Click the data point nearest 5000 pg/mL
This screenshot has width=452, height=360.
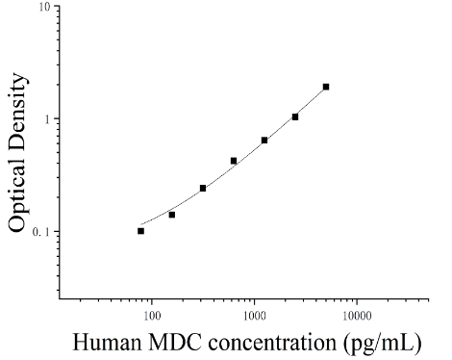tap(326, 87)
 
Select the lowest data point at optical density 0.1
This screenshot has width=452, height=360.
tap(140, 231)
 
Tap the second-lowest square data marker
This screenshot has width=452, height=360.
tap(172, 215)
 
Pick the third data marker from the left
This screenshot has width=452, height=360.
tap(203, 188)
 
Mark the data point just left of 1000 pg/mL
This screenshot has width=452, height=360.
tap(234, 161)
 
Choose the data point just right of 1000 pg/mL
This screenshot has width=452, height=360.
tap(264, 141)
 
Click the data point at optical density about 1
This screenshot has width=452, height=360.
tap(295, 117)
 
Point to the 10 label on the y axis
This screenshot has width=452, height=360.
tap(45, 7)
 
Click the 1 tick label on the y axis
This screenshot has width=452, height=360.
tap(48, 119)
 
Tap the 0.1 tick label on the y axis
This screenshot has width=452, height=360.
tap(41, 232)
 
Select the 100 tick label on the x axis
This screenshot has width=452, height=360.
tap(152, 316)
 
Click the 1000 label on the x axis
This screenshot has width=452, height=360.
tap(255, 316)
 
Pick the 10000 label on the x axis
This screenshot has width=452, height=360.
tap(357, 316)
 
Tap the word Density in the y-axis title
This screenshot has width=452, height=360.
tap(17, 111)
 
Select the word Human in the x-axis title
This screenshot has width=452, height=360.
tap(107, 342)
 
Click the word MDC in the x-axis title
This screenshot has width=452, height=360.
tap(175, 342)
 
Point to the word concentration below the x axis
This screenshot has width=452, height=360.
tap(272, 343)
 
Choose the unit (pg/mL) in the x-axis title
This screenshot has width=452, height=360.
tap(382, 344)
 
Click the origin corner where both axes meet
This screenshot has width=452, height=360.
tap(60, 299)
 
